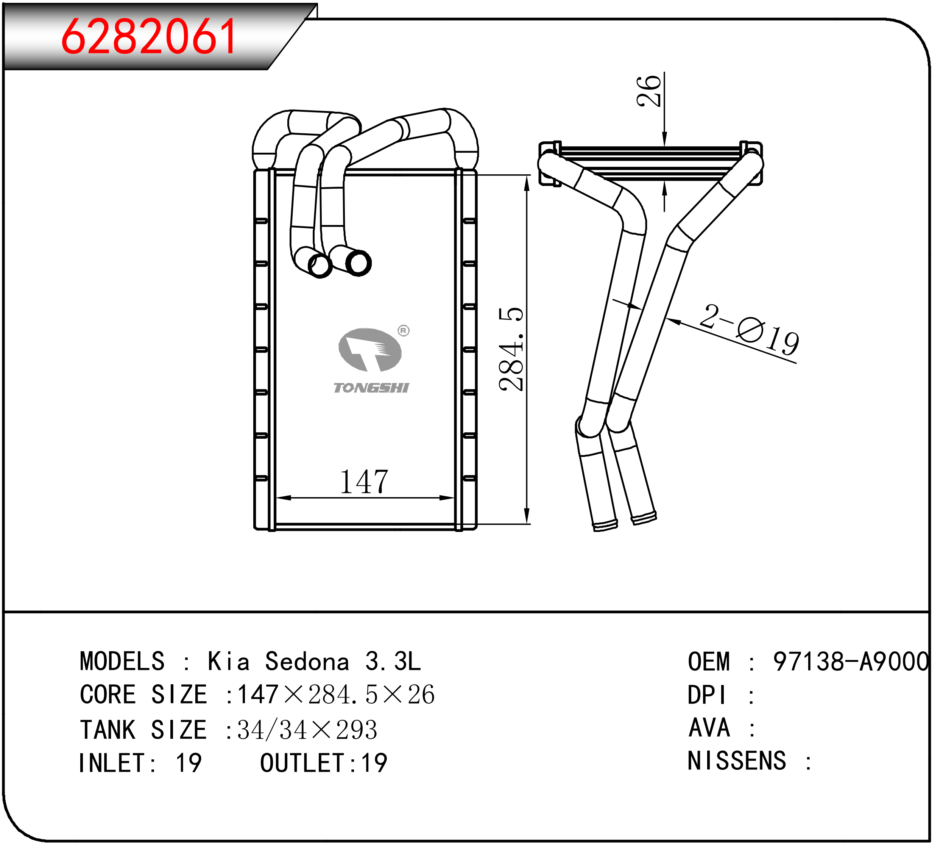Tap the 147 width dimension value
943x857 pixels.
(364, 482)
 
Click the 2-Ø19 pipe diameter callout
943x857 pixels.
(749, 329)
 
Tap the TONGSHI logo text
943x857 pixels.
(371, 388)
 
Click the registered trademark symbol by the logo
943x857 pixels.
(404, 331)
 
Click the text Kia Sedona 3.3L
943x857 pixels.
(314, 662)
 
